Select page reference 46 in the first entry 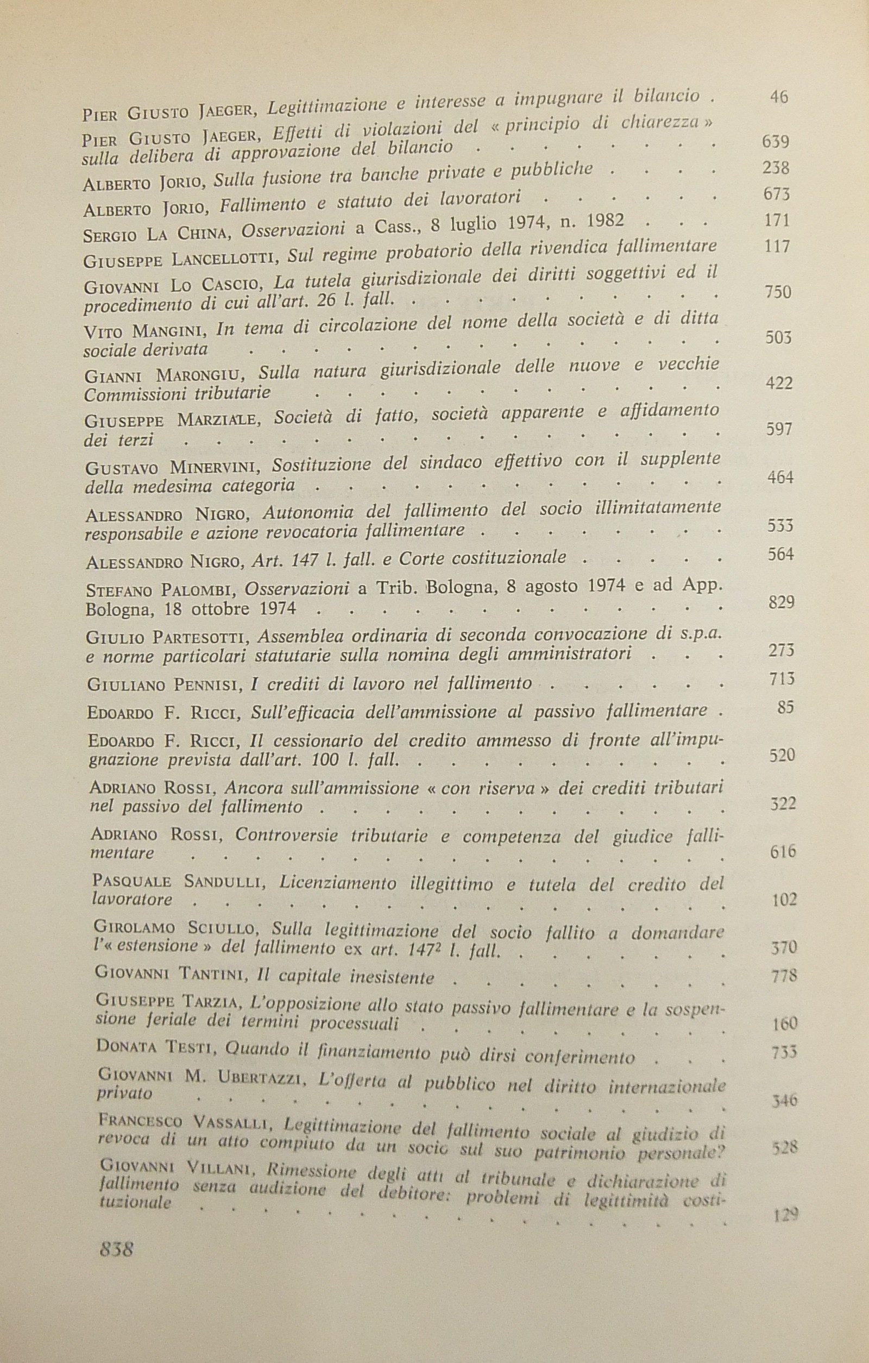tap(778, 97)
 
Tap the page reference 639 tap(775, 141)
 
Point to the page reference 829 tap(782, 602)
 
